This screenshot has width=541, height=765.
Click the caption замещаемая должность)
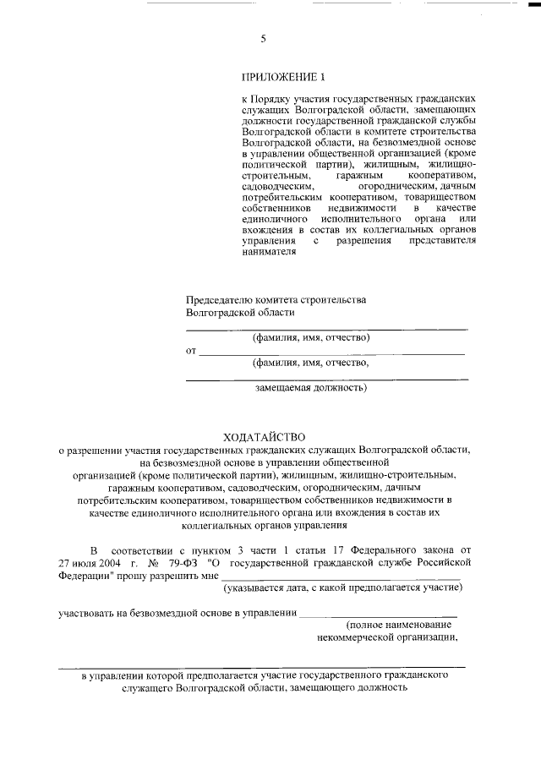pos(311,389)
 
